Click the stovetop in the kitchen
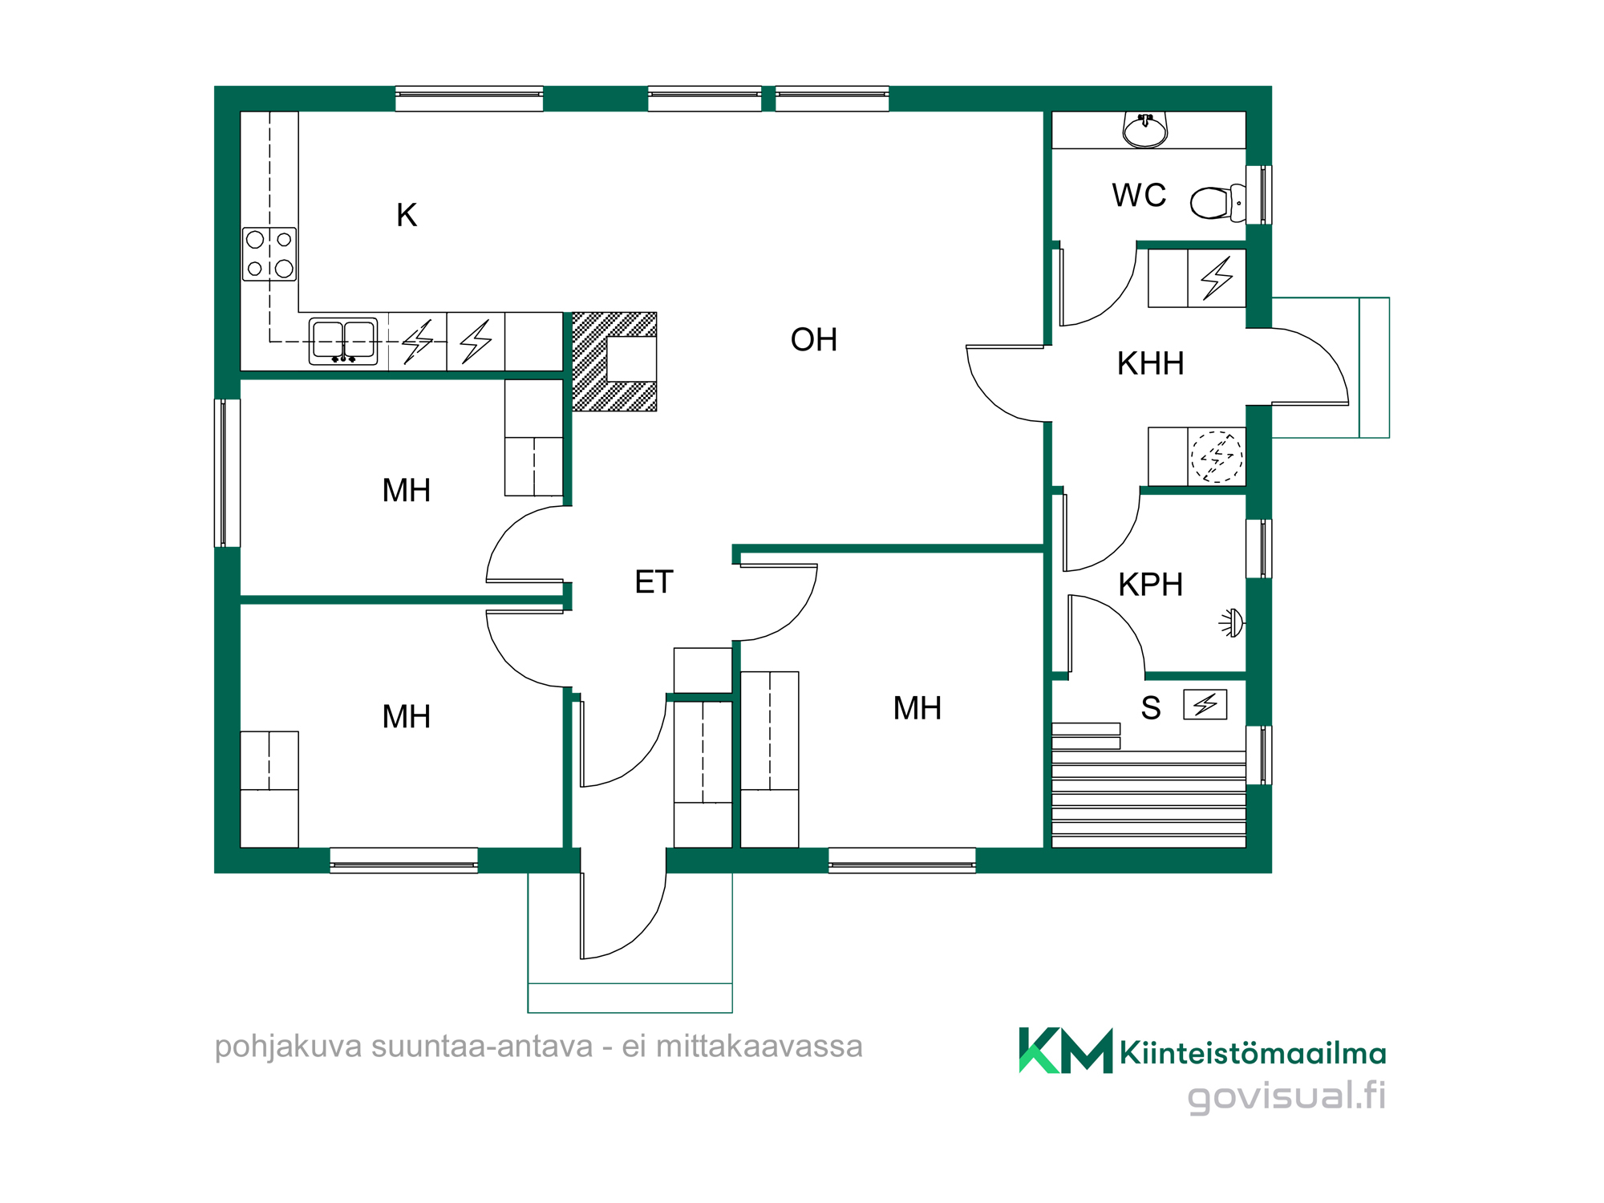point(269,254)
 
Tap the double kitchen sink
point(343,342)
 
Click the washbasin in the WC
point(1145,131)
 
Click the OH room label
point(814,340)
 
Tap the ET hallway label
point(654,582)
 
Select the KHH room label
point(1151,364)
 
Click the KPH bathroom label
point(1151,585)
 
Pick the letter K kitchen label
point(407,215)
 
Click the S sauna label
point(1151,708)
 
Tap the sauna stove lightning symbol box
point(1205,705)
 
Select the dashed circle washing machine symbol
point(1217,457)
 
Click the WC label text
point(1139,196)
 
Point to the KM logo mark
point(1066,1051)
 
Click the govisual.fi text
point(1286,1096)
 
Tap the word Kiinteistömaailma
point(1253,1053)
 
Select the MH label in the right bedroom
point(917,709)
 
